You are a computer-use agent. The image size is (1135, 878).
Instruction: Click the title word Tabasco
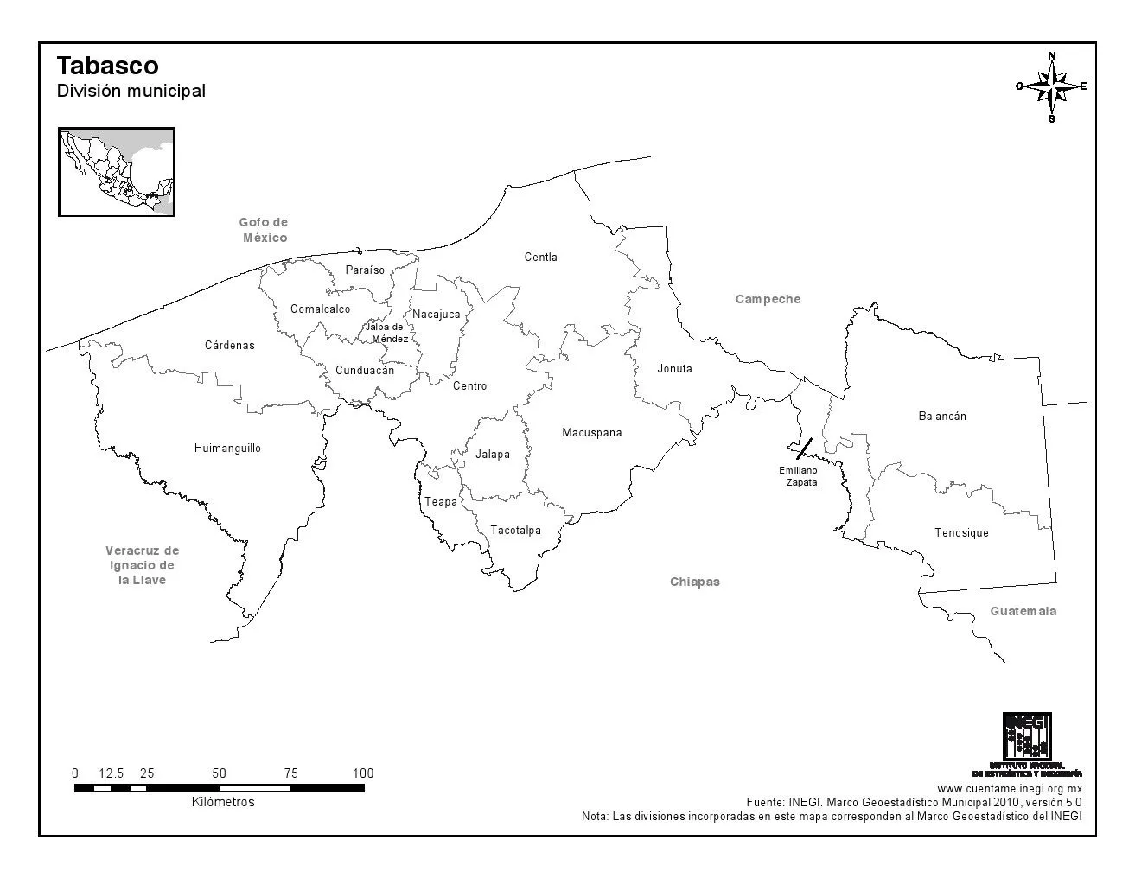click(x=107, y=66)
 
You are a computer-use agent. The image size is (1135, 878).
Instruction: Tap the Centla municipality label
click(x=540, y=257)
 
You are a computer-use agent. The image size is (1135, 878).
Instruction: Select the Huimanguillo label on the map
click(x=227, y=448)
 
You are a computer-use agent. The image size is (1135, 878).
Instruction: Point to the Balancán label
click(x=942, y=416)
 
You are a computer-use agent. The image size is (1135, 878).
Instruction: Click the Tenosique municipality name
click(x=961, y=532)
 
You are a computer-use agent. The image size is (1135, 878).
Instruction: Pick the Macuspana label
click(x=591, y=432)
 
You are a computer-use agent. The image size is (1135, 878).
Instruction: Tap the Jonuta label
click(x=674, y=368)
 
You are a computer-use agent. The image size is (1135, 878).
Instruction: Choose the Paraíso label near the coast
click(x=365, y=270)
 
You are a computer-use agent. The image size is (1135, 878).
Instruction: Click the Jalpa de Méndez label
click(x=385, y=333)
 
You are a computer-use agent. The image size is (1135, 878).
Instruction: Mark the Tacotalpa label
click(x=515, y=530)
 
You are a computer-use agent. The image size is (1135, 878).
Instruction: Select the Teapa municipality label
click(x=440, y=501)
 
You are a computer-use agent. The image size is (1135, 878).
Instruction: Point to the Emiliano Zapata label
click(x=799, y=476)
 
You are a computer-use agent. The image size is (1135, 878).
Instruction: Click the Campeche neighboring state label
click(x=768, y=299)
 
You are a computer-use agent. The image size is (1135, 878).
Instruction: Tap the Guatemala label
click(x=1023, y=611)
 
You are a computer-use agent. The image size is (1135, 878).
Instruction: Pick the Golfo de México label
click(x=264, y=230)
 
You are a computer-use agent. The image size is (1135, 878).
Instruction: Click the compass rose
click(x=1051, y=86)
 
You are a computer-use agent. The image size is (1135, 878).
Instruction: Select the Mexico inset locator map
click(x=116, y=171)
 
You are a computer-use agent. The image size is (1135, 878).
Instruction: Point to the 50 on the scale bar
click(x=219, y=773)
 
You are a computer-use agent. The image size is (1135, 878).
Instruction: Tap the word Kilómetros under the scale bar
click(x=223, y=802)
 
